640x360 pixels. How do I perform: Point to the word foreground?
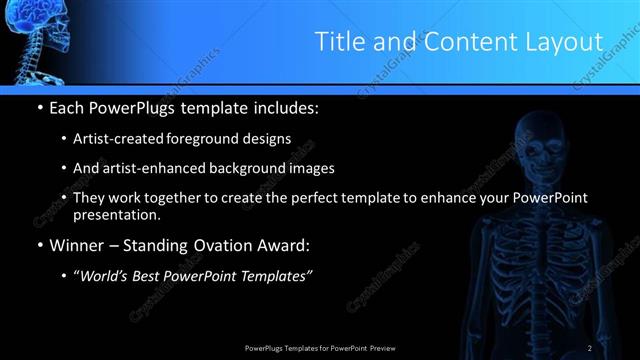(x=214, y=138)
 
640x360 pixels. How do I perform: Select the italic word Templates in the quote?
(x=275, y=276)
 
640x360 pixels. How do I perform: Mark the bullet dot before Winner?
(x=39, y=245)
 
